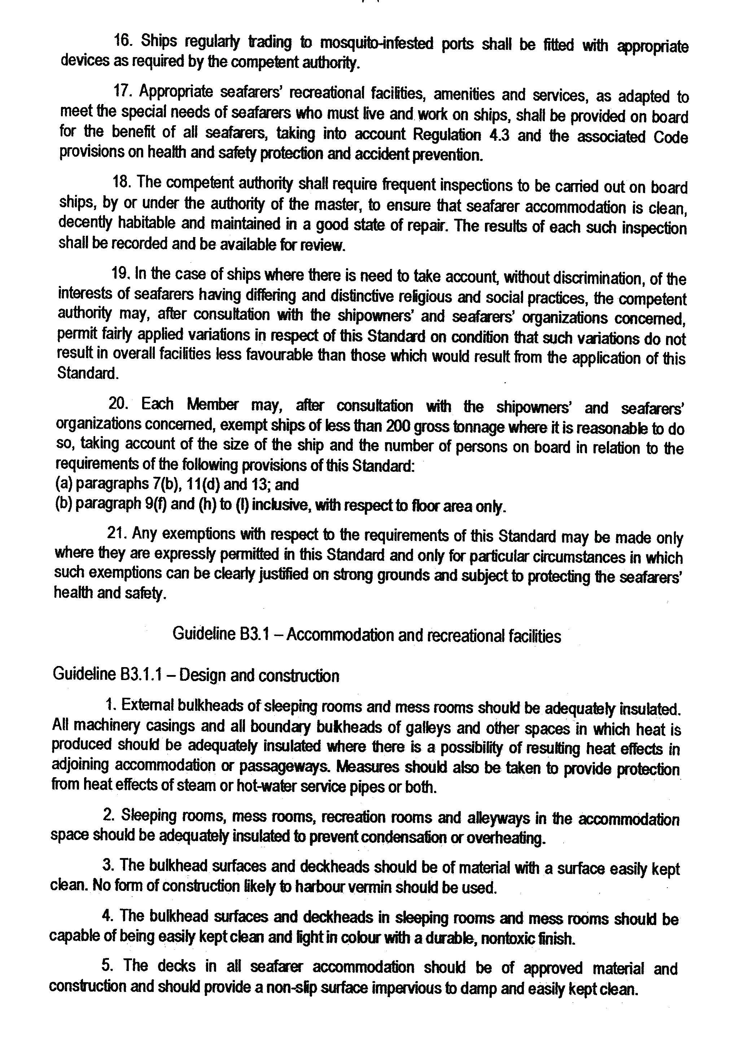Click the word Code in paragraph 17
tap(670, 137)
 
